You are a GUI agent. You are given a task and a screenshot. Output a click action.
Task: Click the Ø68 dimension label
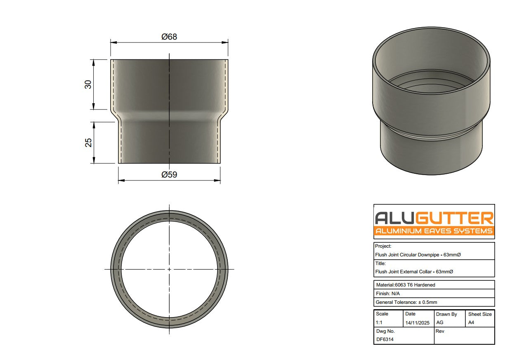pos(169,37)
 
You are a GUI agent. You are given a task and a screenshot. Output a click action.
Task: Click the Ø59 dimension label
pos(169,174)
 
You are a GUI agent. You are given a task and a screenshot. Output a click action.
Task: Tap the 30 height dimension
pos(88,85)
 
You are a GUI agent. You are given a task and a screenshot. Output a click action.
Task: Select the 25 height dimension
pos(88,142)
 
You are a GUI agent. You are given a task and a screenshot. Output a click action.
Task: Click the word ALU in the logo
pos(394,218)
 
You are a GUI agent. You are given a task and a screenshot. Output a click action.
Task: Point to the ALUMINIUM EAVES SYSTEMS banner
pos(434,231)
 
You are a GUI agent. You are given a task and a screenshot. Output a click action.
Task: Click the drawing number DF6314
pos(385,340)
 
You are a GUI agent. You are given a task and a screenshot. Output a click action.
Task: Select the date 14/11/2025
pos(417,323)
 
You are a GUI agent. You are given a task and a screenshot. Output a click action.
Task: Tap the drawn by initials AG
pos(439,323)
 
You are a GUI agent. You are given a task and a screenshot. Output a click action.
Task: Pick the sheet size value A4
pos(471,323)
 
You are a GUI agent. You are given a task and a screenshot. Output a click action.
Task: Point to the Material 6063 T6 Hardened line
pos(406,285)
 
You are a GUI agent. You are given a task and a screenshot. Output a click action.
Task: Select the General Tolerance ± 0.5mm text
pos(406,302)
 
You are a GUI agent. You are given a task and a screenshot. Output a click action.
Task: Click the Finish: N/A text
pos(387,294)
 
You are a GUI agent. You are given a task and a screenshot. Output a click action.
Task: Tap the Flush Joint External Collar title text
pos(414,272)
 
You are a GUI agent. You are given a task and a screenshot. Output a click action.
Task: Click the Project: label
pos(383,246)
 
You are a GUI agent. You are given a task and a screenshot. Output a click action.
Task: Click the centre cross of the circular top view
pos(169,269)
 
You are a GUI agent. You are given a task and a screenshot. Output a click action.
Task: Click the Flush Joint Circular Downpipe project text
pos(418,255)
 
